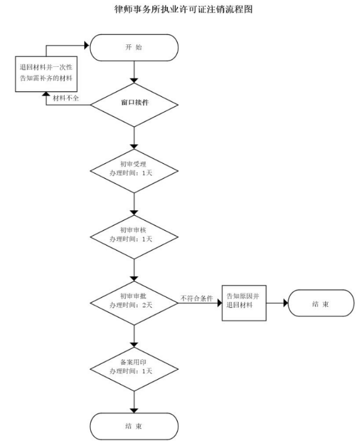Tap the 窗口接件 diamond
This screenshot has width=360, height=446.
(134, 103)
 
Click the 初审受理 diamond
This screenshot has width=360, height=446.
(134, 167)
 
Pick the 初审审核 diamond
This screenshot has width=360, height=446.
(134, 234)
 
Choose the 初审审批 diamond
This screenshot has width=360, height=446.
(134, 301)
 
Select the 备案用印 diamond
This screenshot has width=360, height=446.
(134, 366)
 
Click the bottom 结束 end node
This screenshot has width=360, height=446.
(134, 426)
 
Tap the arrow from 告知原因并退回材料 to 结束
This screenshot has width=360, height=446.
(277, 304)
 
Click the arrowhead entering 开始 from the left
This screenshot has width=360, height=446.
(86, 44)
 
